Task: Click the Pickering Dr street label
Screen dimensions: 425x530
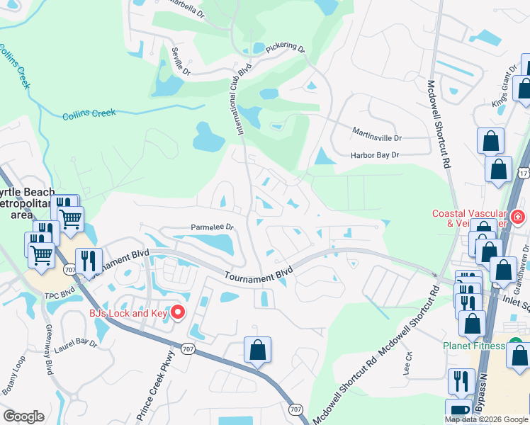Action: pyautogui.click(x=285, y=50)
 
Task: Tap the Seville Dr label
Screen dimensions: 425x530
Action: pyautogui.click(x=181, y=62)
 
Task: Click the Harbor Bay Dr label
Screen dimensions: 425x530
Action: pyautogui.click(x=375, y=155)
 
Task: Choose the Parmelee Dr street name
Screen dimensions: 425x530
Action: pyautogui.click(x=212, y=227)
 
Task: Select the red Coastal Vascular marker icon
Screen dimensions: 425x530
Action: pyautogui.click(x=518, y=216)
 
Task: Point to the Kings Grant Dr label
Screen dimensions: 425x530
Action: pyautogui.click(x=505, y=86)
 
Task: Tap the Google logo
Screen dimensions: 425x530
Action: pyautogui.click(x=23, y=416)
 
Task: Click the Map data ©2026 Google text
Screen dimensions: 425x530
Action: pyautogui.click(x=486, y=419)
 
